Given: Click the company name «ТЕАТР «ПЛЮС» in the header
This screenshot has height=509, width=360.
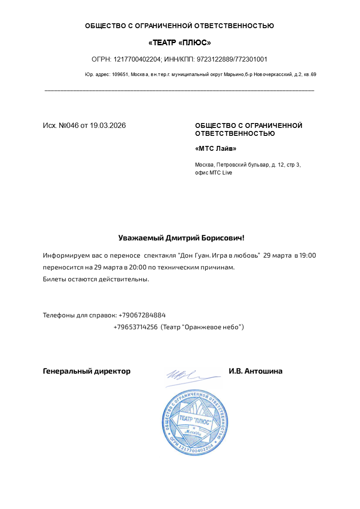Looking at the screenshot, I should click(x=179, y=43).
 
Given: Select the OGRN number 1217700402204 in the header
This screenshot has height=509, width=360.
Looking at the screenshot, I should click(x=138, y=59).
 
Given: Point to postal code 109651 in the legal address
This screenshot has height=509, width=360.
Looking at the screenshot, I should click(x=120, y=75).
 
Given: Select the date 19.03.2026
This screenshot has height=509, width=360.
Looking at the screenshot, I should click(x=108, y=126).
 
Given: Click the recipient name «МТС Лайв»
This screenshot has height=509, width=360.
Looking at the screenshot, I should click(x=215, y=149).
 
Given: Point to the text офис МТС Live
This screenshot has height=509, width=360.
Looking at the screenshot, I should click(x=213, y=173).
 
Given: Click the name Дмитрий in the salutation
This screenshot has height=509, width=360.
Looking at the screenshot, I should click(x=182, y=238).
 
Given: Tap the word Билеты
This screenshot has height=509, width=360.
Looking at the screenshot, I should click(x=55, y=279).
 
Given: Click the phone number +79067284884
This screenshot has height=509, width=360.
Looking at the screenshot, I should click(x=142, y=315).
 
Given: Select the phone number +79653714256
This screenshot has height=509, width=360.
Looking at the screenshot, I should click(x=135, y=327).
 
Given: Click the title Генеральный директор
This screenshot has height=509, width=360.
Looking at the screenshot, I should click(x=87, y=371).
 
